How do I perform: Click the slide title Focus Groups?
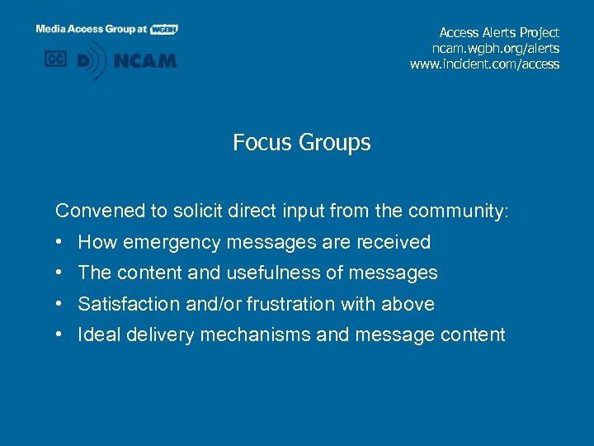tap(301, 143)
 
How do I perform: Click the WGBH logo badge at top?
tap(164, 29)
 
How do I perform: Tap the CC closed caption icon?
tap(56, 59)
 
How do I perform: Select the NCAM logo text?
tap(146, 60)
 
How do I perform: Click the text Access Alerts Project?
tap(499, 33)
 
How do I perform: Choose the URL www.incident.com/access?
tap(484, 64)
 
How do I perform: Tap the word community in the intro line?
tap(457, 211)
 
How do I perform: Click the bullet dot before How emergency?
tap(61, 242)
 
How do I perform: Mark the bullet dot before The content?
tap(61, 273)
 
